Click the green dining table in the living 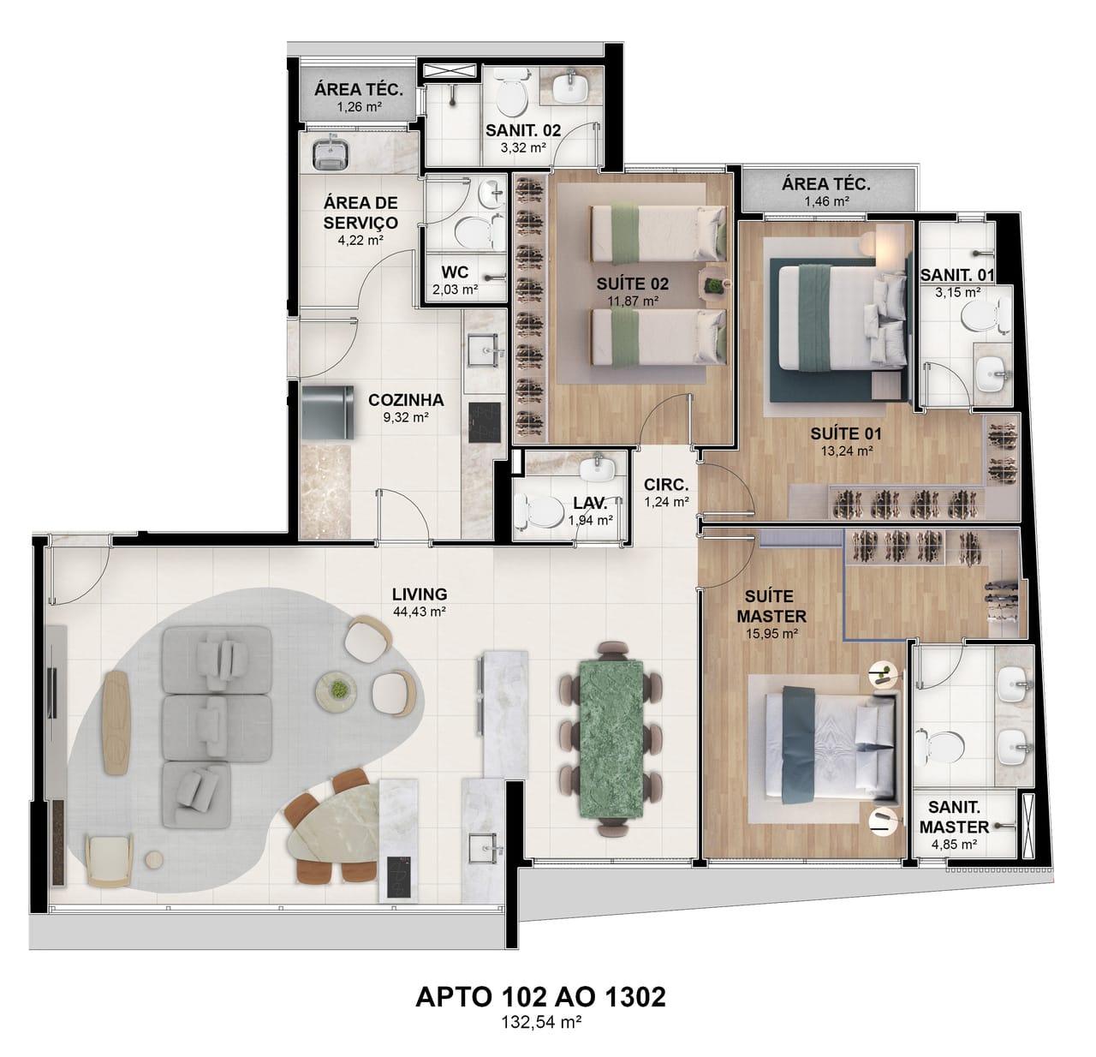(x=611, y=738)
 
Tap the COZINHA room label (x=406, y=400)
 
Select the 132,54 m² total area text (x=542, y=1022)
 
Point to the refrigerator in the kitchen (x=327, y=412)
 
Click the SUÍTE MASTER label (x=771, y=606)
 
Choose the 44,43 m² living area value (x=420, y=612)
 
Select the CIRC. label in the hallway (x=666, y=485)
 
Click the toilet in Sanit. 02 (x=512, y=93)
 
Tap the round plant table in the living (x=337, y=689)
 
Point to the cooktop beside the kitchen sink (x=485, y=422)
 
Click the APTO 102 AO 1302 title (x=540, y=997)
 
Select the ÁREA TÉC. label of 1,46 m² (x=826, y=183)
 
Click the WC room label (x=455, y=272)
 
